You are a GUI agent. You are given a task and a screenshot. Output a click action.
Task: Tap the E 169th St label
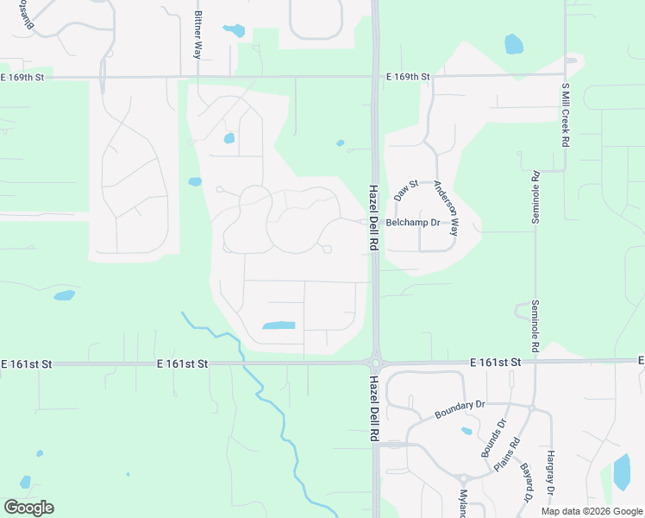point(408,77)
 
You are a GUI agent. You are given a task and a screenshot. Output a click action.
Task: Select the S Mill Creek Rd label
point(566,114)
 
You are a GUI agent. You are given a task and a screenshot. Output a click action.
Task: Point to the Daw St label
point(406,190)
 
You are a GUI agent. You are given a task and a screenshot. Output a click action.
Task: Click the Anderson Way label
point(446,208)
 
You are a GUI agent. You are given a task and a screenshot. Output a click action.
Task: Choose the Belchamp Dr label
point(413,223)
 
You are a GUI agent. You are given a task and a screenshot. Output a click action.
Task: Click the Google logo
point(28,508)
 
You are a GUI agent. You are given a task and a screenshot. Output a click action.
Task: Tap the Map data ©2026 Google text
point(592,511)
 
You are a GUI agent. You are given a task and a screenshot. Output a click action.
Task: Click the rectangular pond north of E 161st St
point(279,325)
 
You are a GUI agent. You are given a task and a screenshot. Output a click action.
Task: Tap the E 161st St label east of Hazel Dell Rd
point(496,362)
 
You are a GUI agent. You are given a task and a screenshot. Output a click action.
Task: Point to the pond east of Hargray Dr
point(622,472)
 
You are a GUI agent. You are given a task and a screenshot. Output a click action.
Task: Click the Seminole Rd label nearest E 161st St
point(535,325)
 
